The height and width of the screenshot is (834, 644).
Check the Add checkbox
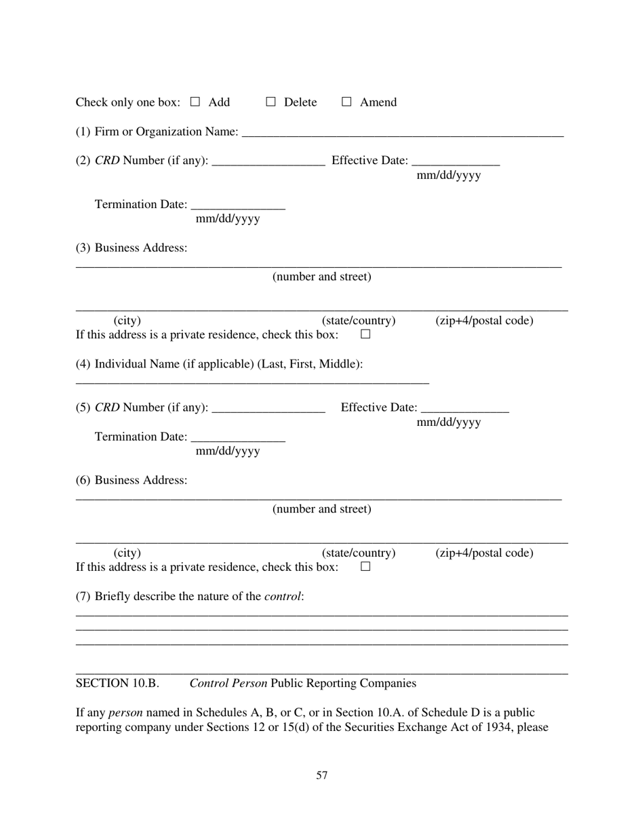[x=195, y=102]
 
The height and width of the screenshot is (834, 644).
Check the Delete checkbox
[x=270, y=102]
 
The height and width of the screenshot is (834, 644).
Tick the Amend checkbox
[x=346, y=102]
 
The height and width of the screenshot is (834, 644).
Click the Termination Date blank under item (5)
[x=238, y=438]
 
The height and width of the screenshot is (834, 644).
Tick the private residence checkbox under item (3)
[x=365, y=334]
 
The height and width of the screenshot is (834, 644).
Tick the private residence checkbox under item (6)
[x=365, y=567]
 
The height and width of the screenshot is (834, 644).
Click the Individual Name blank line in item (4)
[x=252, y=380]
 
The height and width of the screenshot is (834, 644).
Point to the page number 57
[x=322, y=775]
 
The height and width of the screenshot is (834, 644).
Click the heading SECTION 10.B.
[x=117, y=683]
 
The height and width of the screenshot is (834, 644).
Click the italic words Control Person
[x=228, y=683]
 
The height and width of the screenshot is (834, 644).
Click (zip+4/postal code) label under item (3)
[x=484, y=321]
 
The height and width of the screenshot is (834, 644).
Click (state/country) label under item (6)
[x=359, y=553]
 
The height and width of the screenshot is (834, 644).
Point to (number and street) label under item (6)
[x=322, y=509]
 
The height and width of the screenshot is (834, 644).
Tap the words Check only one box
[x=127, y=102]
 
